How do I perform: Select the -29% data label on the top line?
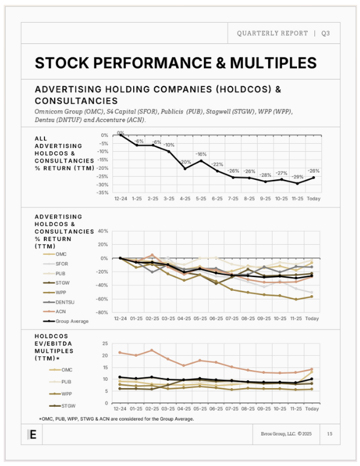[x=296, y=177]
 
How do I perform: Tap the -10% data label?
[x=170, y=145]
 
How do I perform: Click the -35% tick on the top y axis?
[x=104, y=193]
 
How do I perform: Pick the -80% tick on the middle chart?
[x=101, y=312]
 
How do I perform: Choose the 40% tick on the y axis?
[x=103, y=231]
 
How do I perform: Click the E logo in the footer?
[x=32, y=435]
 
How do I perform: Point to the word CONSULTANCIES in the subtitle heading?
[x=76, y=101]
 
